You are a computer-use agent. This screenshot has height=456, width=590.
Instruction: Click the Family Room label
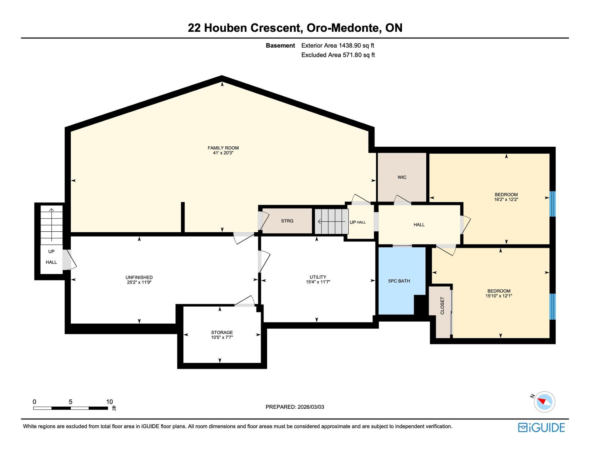point(223,148)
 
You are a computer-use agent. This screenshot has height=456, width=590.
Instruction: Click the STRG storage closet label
point(287,221)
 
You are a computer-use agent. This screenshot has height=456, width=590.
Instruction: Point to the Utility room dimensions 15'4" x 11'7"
point(318,282)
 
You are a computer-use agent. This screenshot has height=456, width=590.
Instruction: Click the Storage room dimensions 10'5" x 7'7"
point(222,338)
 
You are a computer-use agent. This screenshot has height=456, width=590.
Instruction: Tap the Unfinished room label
point(139,277)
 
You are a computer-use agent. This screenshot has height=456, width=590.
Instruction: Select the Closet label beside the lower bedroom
point(442,306)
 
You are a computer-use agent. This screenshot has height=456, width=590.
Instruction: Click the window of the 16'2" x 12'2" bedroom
point(553,204)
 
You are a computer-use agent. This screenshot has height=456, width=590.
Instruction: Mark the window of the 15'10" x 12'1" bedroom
point(553,307)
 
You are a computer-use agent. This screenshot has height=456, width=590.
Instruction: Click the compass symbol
point(544,402)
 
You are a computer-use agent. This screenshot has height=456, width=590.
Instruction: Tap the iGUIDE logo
point(541,428)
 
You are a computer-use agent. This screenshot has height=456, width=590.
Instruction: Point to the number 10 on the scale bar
point(109,402)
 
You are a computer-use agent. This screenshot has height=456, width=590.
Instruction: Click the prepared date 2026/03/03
point(311,407)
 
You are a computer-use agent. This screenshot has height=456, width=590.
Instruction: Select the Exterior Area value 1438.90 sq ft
point(356,46)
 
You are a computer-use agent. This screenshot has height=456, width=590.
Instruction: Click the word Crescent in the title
point(276,28)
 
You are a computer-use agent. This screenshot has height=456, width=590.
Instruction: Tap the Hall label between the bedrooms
point(419,225)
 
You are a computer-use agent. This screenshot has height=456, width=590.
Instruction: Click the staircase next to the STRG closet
point(332,221)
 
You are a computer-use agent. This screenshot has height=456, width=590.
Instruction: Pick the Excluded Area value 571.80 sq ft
point(359,55)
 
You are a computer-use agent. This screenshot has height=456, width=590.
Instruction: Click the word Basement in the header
point(280,46)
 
